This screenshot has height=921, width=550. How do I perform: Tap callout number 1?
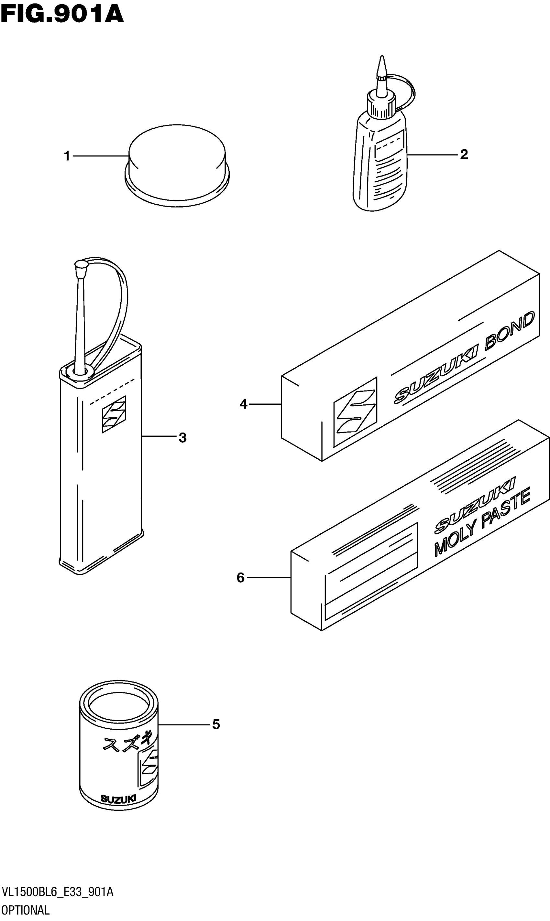(67, 156)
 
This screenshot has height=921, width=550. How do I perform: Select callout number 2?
(464, 155)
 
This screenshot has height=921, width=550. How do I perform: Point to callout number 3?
(182, 437)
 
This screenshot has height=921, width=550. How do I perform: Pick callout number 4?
(244, 404)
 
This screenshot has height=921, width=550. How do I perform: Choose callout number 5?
(216, 724)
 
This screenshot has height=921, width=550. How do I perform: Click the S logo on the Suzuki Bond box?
(355, 412)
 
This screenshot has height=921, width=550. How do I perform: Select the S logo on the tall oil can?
(114, 414)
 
